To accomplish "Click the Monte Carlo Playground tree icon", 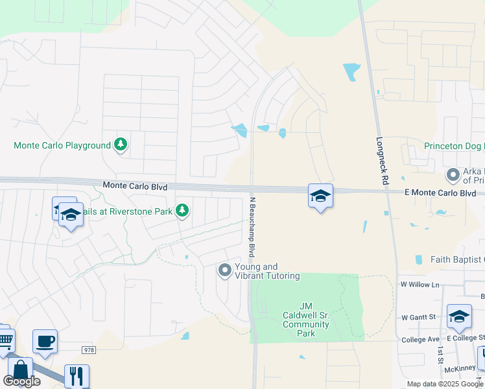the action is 120,145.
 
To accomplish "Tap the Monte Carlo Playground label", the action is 62,145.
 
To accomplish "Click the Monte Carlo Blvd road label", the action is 135,186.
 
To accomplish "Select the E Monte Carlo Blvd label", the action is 440,193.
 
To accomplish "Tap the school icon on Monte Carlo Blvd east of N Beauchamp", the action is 320,196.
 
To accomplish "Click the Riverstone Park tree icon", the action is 182,210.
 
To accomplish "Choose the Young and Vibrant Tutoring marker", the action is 225,270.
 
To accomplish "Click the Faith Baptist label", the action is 457,259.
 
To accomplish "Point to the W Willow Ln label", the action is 420,285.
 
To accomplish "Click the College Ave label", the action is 420,338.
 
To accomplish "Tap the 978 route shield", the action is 89,349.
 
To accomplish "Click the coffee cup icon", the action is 45,341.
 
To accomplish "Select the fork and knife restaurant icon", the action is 76,375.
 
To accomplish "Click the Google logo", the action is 21,381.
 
